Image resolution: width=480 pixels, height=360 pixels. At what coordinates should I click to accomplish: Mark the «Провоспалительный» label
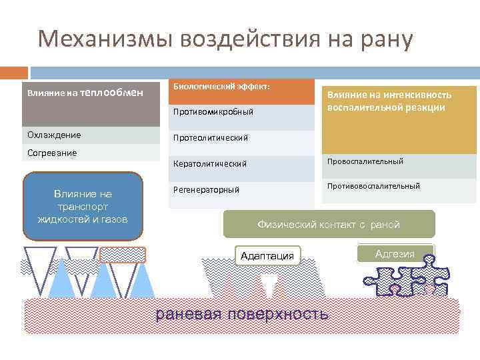374,161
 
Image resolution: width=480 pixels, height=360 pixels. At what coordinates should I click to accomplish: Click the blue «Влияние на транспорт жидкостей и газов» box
83,206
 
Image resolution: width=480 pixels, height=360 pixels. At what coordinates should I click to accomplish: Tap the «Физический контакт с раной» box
329,225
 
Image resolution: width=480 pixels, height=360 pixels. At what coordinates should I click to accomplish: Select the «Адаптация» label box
267,255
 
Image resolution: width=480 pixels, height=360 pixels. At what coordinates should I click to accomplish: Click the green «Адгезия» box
395,254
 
